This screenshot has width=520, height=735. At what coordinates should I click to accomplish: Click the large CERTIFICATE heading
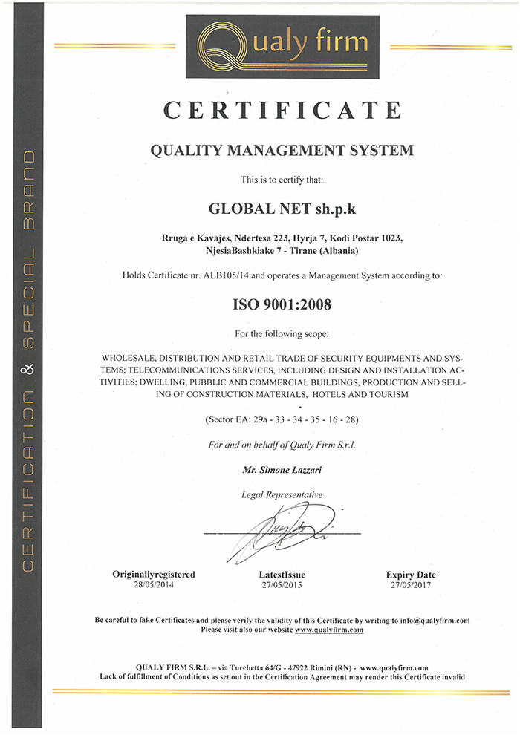click(282, 110)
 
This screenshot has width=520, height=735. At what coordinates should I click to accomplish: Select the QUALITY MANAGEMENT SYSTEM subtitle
click(282, 151)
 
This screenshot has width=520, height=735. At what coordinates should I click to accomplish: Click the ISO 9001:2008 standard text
click(282, 304)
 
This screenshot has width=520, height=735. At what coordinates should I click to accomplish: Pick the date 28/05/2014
click(154, 585)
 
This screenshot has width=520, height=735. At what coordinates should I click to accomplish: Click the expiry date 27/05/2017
click(411, 585)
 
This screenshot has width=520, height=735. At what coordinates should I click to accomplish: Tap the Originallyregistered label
click(154, 575)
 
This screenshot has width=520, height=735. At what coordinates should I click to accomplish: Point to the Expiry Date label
click(411, 575)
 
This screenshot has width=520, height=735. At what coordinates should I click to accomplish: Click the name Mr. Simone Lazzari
click(282, 470)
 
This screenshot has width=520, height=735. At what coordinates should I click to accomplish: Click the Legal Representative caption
click(282, 494)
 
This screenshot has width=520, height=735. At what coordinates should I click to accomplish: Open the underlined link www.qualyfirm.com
click(328, 630)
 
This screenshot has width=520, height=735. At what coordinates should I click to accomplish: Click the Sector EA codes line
click(282, 420)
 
